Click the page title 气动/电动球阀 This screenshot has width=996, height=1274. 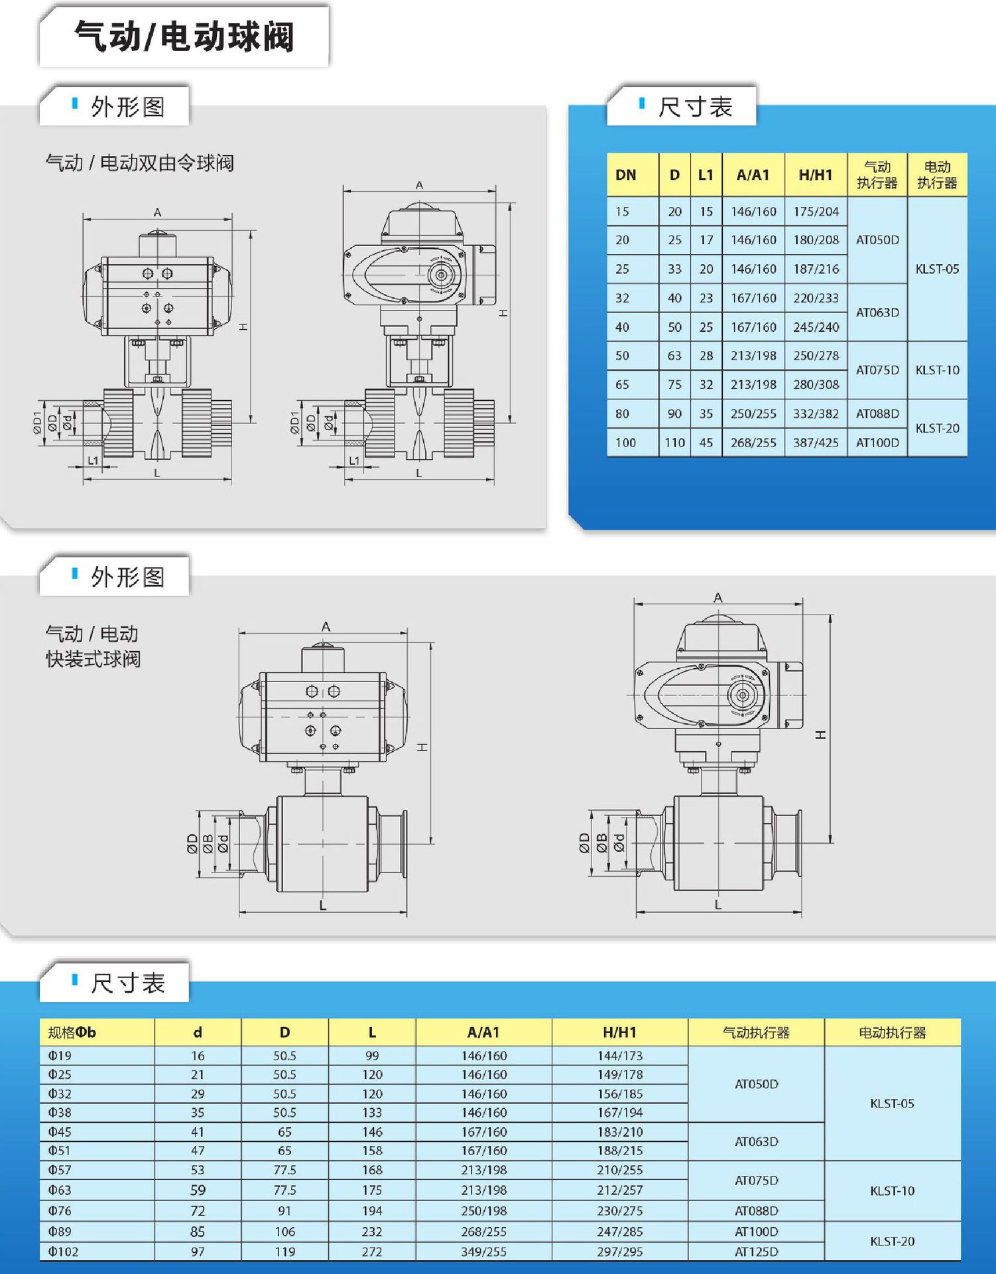click(x=184, y=36)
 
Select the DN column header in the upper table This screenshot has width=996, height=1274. click(x=625, y=175)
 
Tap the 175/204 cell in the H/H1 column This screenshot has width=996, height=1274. click(x=816, y=212)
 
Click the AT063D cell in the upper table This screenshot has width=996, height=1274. click(x=877, y=313)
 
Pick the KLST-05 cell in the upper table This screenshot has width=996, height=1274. click(x=936, y=269)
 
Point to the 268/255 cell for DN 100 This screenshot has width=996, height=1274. click(x=753, y=443)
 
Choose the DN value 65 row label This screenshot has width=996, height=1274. click(x=622, y=385)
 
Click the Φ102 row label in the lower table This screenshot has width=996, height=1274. click(x=63, y=1252)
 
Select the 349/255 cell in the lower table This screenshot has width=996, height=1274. click(x=483, y=1252)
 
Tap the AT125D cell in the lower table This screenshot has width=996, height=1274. click(x=756, y=1252)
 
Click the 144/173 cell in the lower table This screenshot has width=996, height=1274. click(x=619, y=1056)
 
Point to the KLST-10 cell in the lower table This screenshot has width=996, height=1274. click(x=892, y=1191)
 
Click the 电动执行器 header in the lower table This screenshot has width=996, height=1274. click(x=892, y=1032)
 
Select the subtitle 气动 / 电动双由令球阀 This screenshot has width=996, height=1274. click(x=139, y=163)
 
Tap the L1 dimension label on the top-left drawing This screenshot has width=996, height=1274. click(x=93, y=460)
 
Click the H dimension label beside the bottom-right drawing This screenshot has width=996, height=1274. click(x=821, y=735)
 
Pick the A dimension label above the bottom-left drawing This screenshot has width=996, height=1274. click(x=326, y=626)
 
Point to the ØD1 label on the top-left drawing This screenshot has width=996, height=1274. click(x=37, y=422)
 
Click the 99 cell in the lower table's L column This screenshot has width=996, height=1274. click(x=372, y=1056)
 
